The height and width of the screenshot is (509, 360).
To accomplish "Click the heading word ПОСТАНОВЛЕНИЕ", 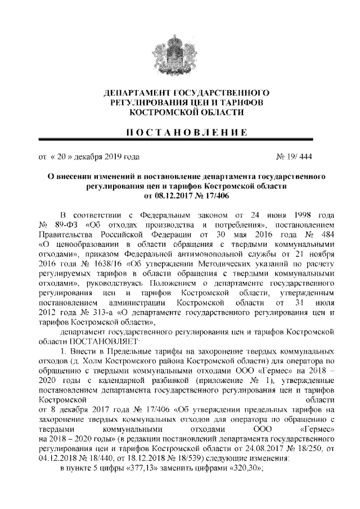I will [179, 133].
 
